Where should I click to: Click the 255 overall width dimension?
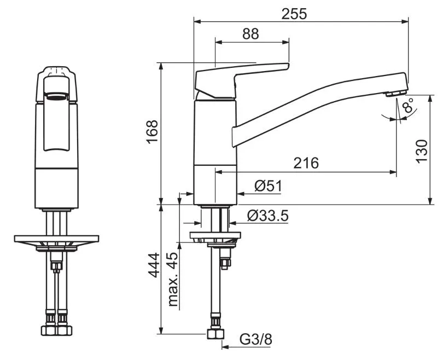pyautogui.click(x=294, y=14)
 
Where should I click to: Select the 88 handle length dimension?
pyautogui.click(x=250, y=34)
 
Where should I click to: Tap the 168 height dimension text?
pyautogui.click(x=152, y=132)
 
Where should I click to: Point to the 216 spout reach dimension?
pyautogui.click(x=306, y=163)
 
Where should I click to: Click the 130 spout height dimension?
pyautogui.click(x=422, y=151)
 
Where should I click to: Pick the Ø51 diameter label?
pyautogui.click(x=268, y=186)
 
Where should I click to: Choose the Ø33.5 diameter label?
pyautogui.click(x=268, y=216)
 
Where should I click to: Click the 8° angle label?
pyautogui.click(x=408, y=106)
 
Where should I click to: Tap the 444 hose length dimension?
pyautogui.click(x=154, y=265)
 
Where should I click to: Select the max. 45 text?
pyautogui.click(x=173, y=279)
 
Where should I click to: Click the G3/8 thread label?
pyautogui.click(x=256, y=339)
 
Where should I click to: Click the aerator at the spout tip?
pyautogui.click(x=397, y=93)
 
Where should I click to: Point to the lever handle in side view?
pyautogui.click(x=242, y=80)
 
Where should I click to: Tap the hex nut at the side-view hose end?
pyautogui.click(x=215, y=334)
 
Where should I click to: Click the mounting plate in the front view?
pyautogui.click(x=56, y=239)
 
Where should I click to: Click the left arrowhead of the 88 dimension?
pyautogui.click(x=219, y=42)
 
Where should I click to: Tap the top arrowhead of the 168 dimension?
pyautogui.click(x=161, y=66)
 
